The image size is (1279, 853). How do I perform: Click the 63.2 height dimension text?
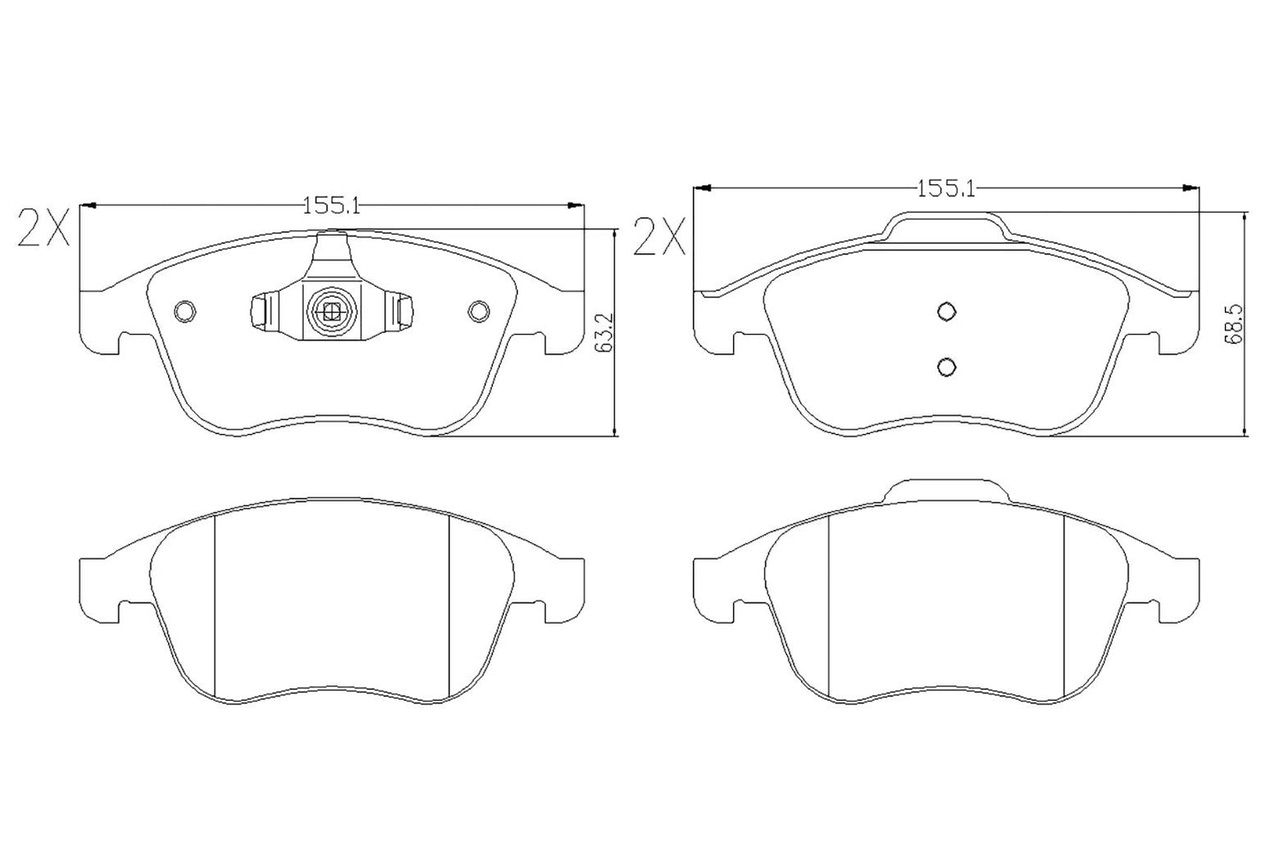pos(605,332)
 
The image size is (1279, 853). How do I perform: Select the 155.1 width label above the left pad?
pos(331,205)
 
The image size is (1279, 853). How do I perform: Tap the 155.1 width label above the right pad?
pos(945,188)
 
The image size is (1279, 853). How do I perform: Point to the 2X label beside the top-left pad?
pos(42,229)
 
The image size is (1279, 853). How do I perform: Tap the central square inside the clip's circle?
pos(332,310)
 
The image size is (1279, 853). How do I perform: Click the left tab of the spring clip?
pos(259,311)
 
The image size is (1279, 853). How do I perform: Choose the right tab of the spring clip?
pos(405,311)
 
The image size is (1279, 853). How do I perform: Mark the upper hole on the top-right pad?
pos(946,311)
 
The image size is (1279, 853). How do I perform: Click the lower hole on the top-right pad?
pos(946,366)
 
